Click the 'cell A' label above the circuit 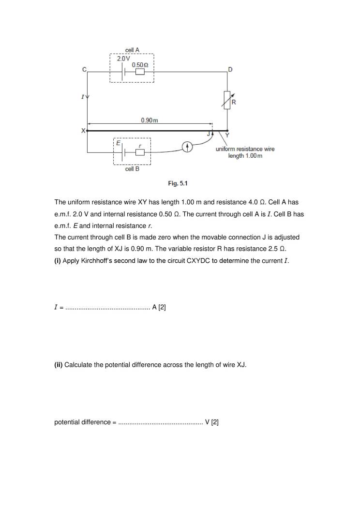click(x=132, y=50)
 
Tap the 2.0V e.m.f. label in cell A click(x=123, y=58)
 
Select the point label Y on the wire click(x=227, y=135)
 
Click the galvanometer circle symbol click(x=187, y=147)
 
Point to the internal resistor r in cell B click(x=140, y=152)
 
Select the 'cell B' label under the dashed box click(x=132, y=169)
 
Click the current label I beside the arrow click(x=82, y=97)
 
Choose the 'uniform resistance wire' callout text click(x=245, y=149)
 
